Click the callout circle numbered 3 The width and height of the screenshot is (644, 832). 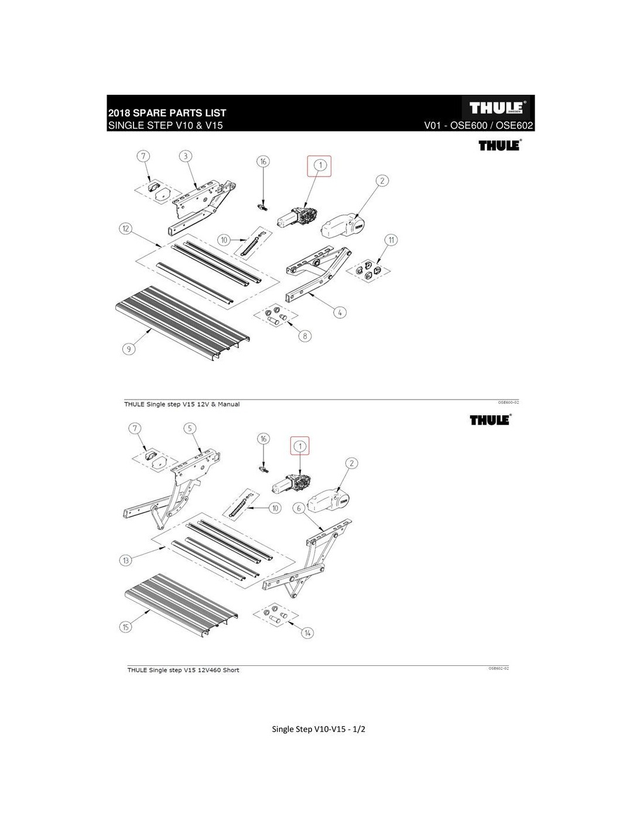pos(185,156)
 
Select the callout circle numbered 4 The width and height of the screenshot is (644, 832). pos(340,312)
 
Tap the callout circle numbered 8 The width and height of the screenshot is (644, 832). pos(305,335)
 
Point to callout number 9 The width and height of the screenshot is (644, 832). pos(129,349)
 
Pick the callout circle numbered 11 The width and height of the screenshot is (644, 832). pos(390,239)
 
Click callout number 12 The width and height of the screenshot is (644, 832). pos(125,228)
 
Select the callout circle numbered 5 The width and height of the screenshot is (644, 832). pos(190,428)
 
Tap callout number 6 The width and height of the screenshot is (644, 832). pos(299,508)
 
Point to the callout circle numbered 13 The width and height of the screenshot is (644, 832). pos(125,561)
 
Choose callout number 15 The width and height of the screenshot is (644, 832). pos(125,627)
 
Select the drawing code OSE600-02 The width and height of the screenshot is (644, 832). pos(508,403)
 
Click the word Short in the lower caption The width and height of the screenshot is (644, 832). pos(230,670)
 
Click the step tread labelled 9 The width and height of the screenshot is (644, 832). pos(181,319)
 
